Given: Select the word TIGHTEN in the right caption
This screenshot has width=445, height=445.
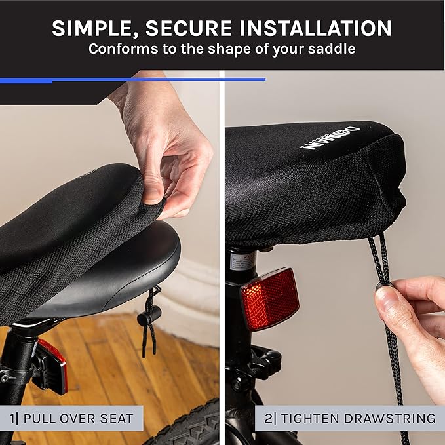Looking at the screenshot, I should click(x=313, y=418).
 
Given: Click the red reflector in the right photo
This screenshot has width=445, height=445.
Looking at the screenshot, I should click(x=269, y=298).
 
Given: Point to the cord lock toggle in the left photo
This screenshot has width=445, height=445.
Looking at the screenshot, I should click(x=148, y=317).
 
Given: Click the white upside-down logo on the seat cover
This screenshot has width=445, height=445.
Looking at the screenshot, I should click(x=330, y=135).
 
